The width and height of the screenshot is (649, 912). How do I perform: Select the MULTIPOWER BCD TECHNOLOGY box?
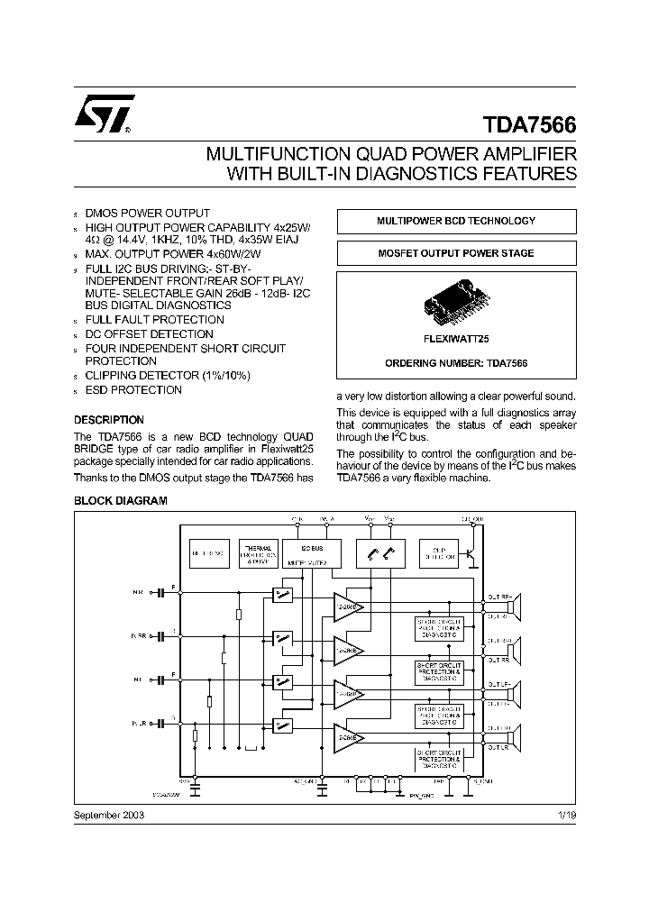coord(455,221)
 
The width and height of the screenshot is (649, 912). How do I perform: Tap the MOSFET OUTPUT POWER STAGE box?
coord(455,253)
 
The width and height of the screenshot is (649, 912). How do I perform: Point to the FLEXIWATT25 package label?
coord(456,340)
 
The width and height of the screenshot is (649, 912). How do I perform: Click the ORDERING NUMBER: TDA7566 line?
coord(456,362)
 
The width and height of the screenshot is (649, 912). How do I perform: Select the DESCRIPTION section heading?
coord(108,420)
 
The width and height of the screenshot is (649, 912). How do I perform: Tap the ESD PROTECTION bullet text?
coord(133,390)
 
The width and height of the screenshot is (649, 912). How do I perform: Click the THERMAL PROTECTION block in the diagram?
coord(260,553)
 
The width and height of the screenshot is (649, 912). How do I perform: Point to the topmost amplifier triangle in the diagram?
coord(348,606)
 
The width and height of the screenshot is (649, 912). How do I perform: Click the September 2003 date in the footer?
coord(109,814)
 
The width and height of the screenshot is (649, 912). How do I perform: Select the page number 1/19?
coord(566,814)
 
